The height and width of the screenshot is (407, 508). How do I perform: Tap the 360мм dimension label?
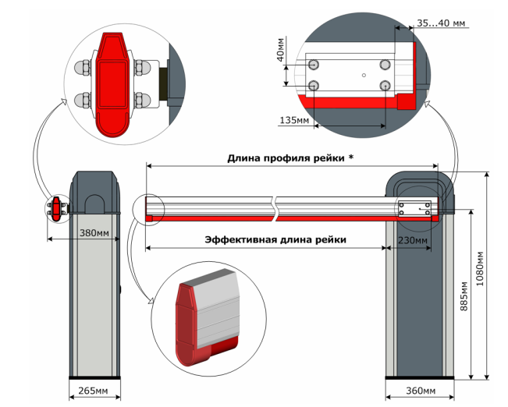point(414,390)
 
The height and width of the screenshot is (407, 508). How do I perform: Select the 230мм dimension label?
point(413,242)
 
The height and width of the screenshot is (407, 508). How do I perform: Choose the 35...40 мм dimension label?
point(441,24)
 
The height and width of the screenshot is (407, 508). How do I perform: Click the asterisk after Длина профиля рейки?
point(351,157)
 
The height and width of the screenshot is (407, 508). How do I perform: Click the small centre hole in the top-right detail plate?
point(364,75)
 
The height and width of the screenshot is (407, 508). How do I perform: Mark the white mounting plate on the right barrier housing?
point(414,209)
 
